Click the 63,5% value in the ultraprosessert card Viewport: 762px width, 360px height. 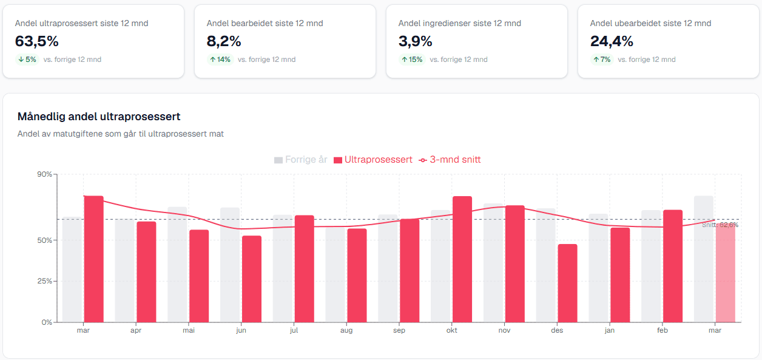pyautogui.click(x=36, y=41)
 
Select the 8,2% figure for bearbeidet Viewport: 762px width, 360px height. pyautogui.click(x=224, y=41)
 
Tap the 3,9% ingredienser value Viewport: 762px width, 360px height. pyautogui.click(x=415, y=41)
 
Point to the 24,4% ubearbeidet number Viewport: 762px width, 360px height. pyautogui.click(x=612, y=41)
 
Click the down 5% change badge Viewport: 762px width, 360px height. pyautogui.click(x=27, y=59)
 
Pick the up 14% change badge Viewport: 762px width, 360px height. pyautogui.click(x=220, y=59)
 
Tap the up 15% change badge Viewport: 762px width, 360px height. pyautogui.click(x=411, y=59)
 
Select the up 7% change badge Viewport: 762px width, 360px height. pyautogui.click(x=601, y=59)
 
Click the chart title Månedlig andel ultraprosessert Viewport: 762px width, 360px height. pyautogui.click(x=99, y=117)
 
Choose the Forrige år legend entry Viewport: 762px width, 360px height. pyautogui.click(x=301, y=160)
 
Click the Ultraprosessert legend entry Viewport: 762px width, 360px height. pyautogui.click(x=373, y=160)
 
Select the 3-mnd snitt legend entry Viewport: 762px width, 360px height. pyautogui.click(x=450, y=160)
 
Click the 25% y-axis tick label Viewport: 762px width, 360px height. pyautogui.click(x=46, y=281)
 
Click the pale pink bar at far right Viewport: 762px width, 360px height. pyautogui.click(x=726, y=273)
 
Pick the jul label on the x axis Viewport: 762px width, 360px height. pyautogui.click(x=294, y=331)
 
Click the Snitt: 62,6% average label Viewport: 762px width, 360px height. pyautogui.click(x=720, y=225)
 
